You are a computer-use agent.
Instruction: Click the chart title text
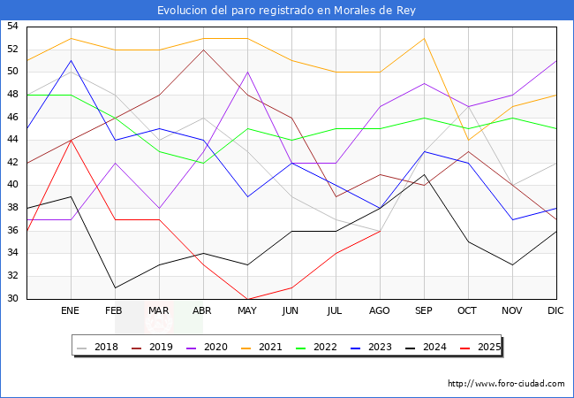[286, 11]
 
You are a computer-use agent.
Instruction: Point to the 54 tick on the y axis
[12, 27]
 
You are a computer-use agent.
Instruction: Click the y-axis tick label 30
[12, 299]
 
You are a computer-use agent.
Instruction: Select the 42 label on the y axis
[12, 163]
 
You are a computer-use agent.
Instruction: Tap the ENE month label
[71, 311]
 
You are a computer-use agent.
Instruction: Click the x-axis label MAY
[247, 311]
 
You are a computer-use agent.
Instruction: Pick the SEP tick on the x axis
[424, 311]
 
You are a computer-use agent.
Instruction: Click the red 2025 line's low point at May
[247, 299]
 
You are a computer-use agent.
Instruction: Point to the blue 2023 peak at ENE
[71, 60]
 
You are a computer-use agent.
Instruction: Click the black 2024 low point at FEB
[115, 287]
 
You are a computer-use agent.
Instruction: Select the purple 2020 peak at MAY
[247, 72]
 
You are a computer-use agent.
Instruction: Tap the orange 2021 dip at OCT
[468, 140]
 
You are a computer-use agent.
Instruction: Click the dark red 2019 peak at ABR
[203, 50]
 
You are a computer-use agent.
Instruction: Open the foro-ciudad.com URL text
[506, 384]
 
